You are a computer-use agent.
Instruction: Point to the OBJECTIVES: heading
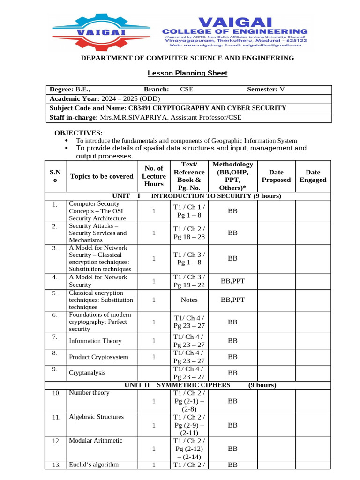[x=78, y=133]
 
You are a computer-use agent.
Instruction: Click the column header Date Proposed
[x=276, y=176]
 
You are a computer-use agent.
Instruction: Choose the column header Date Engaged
[x=313, y=176]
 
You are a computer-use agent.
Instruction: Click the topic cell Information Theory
[x=95, y=341]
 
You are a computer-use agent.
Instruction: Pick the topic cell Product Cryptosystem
[x=98, y=357]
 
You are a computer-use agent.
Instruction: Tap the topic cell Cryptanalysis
[x=87, y=373]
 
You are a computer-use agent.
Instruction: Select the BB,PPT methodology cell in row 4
[x=232, y=281]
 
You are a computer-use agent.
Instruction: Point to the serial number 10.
[x=56, y=393]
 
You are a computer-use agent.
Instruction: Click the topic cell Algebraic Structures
[x=96, y=417]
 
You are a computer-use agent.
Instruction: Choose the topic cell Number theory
[x=89, y=393]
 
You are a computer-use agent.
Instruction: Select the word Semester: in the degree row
[x=262, y=89]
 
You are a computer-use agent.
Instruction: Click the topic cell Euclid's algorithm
[x=94, y=465]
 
